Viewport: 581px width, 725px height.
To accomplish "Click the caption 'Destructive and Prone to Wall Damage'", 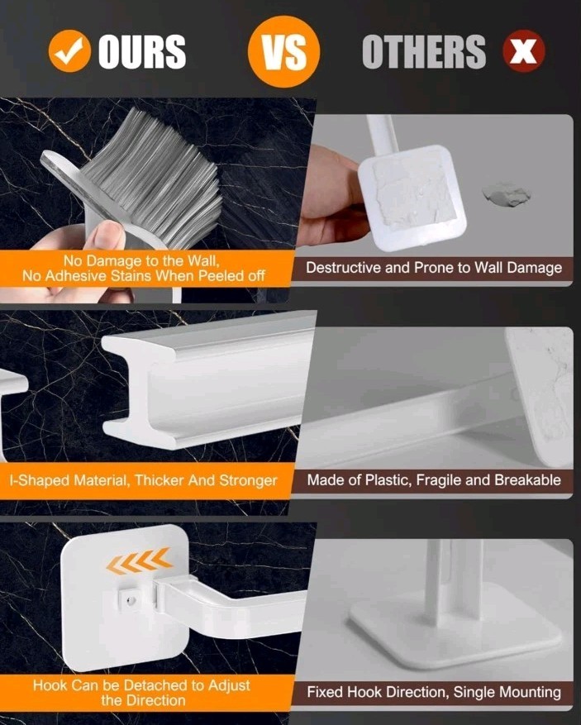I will (x=433, y=268).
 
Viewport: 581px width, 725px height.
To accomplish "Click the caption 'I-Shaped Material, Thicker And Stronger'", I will (x=143, y=480).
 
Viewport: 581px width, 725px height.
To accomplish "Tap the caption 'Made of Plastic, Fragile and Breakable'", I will (x=433, y=480).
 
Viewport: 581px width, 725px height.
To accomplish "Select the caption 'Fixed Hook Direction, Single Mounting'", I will (x=433, y=693).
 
